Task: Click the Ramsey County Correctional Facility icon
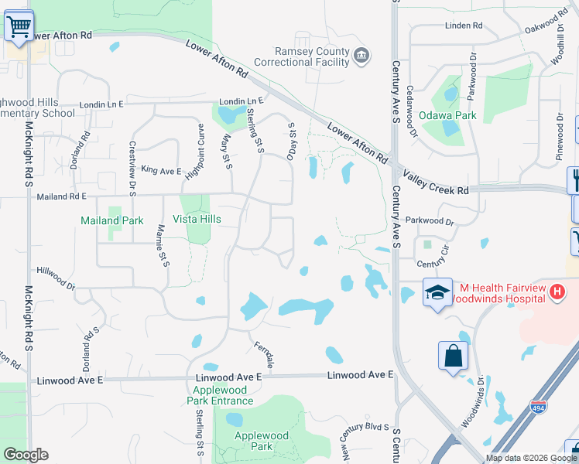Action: (x=361, y=56)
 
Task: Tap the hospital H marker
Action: (x=556, y=292)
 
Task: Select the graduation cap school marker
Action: (x=437, y=293)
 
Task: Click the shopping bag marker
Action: (x=454, y=356)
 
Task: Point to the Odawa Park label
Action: (x=447, y=116)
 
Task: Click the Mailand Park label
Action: (x=112, y=220)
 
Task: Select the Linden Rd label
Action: (x=464, y=26)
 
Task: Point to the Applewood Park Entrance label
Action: (x=220, y=394)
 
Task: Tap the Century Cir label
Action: (x=433, y=264)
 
